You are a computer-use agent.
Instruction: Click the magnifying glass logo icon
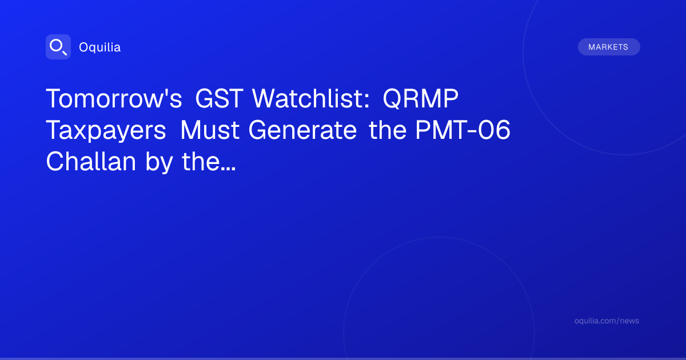58,47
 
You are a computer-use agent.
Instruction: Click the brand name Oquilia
100,47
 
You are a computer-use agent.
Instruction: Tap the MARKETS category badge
609,47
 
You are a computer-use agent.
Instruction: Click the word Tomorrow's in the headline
114,98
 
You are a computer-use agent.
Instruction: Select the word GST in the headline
220,98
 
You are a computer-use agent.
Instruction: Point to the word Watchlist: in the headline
311,98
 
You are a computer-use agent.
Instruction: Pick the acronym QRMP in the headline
421,99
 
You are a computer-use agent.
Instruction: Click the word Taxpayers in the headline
106,131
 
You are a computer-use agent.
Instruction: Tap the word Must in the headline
210,130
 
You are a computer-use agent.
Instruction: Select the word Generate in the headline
302,130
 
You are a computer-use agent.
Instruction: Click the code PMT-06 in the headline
462,130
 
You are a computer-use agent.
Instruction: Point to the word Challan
91,161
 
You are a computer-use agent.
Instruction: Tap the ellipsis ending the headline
228,169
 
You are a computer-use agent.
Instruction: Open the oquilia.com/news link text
607,321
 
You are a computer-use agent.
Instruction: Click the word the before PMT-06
388,130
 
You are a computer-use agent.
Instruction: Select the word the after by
201,161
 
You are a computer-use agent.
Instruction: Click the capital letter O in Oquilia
84,47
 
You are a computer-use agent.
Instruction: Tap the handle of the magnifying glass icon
65,53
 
